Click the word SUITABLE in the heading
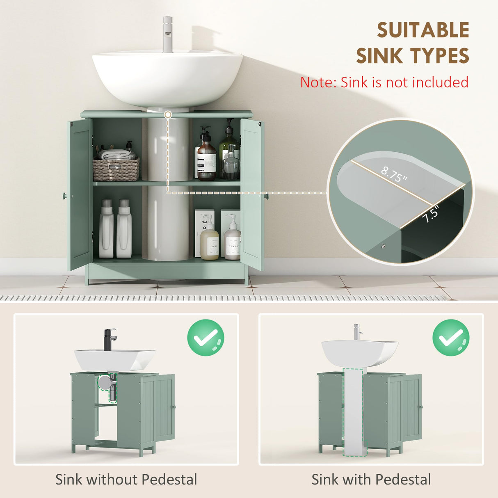pyautogui.click(x=423, y=30)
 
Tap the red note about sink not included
pyautogui.click(x=384, y=82)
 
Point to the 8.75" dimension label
pyautogui.click(x=394, y=175)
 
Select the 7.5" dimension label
pyautogui.click(x=431, y=214)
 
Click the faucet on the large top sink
pyautogui.click(x=167, y=34)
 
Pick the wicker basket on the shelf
pyautogui.click(x=116, y=169)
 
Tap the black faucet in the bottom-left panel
pyautogui.click(x=110, y=339)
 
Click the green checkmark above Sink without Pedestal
pyautogui.click(x=206, y=338)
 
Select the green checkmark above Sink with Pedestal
pyautogui.click(x=451, y=338)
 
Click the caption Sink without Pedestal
pyautogui.click(x=126, y=479)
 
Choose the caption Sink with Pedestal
pyautogui.click(x=371, y=479)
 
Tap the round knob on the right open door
pyautogui.click(x=266, y=196)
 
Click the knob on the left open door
pyautogui.click(x=64, y=196)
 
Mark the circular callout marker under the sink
pyautogui.click(x=167, y=115)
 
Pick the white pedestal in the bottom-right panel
pyautogui.click(x=354, y=414)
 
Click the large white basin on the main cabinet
pyautogui.click(x=167, y=78)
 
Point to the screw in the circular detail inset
pyautogui.click(x=383, y=247)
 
